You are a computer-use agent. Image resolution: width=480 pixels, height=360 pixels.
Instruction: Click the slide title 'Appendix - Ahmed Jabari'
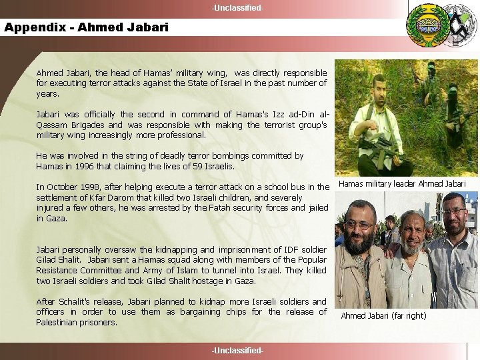click(87, 27)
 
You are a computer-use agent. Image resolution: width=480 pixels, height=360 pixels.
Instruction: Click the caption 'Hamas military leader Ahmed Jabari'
click(403, 183)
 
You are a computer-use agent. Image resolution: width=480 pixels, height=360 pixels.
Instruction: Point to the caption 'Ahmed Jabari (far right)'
click(383, 315)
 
